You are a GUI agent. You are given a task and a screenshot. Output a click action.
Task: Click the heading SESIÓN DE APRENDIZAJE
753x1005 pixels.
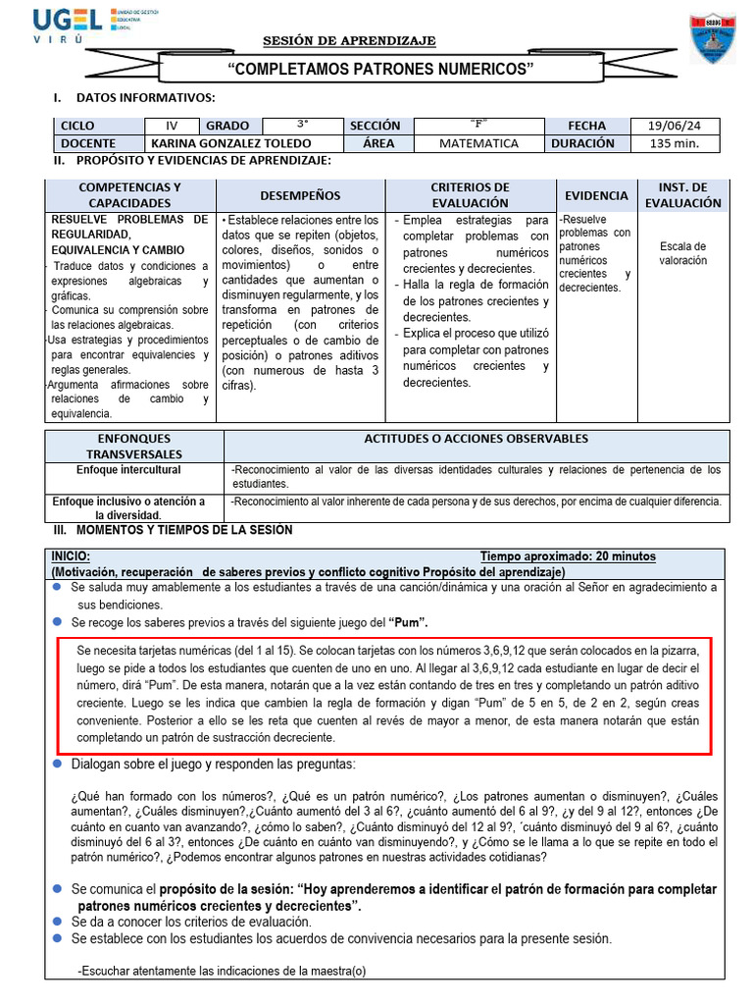(x=349, y=40)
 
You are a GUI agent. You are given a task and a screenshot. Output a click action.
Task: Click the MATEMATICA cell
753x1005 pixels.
(x=478, y=143)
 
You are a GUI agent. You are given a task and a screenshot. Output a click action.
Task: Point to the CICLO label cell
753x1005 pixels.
(x=78, y=126)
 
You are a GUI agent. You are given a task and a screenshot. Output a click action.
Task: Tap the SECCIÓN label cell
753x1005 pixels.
(x=375, y=126)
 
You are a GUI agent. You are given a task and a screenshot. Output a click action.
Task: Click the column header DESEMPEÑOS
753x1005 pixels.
(x=300, y=195)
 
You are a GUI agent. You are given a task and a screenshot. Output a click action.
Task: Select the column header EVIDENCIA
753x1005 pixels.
(x=596, y=195)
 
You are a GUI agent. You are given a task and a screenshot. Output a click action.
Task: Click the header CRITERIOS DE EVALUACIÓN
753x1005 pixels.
(x=470, y=194)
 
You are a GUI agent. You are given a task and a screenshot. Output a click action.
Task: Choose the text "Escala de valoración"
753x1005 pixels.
(x=682, y=253)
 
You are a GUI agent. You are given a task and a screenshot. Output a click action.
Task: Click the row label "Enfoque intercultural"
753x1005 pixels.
(x=129, y=470)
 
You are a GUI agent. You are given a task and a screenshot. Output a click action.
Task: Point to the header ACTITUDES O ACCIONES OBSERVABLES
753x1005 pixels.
(x=477, y=439)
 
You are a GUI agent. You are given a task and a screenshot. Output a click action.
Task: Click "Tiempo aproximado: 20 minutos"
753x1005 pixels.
(x=568, y=556)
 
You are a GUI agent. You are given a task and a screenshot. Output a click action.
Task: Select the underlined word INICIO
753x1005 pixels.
(x=71, y=556)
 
